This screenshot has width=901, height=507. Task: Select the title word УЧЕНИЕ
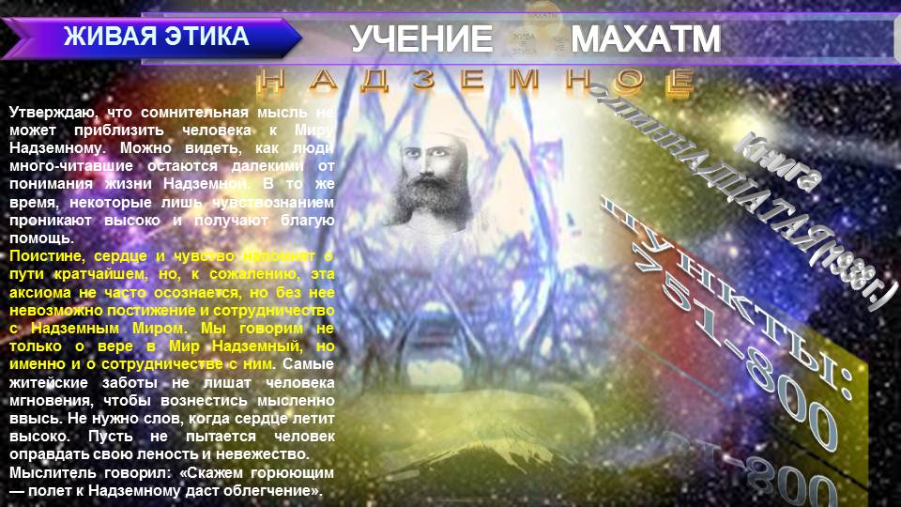[421, 39]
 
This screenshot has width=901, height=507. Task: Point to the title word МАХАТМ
[646, 39]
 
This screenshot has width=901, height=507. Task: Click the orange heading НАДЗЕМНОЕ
[476, 80]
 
